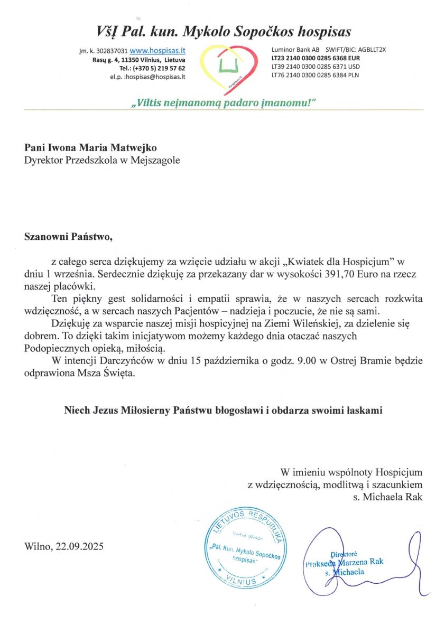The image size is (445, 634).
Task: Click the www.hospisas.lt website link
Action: pyautogui.click(x=157, y=51)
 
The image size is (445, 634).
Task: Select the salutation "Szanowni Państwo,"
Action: pyautogui.click(x=69, y=236)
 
